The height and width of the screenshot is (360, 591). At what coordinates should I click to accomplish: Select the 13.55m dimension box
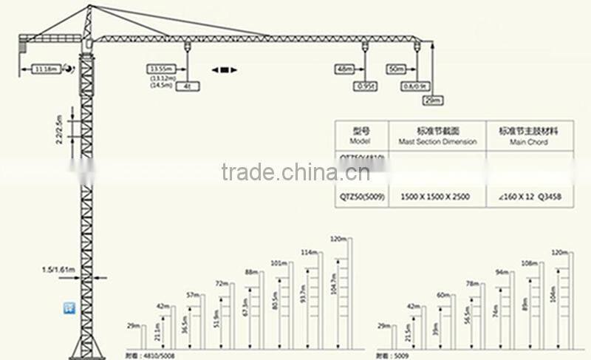pyautogui.click(x=160, y=69)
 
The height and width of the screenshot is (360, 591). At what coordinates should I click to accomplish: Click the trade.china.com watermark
pyautogui.click(x=295, y=172)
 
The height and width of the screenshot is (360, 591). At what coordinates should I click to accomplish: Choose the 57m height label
pyautogui.click(x=194, y=295)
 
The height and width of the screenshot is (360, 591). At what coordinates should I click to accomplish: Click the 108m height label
pyautogui.click(x=529, y=262)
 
